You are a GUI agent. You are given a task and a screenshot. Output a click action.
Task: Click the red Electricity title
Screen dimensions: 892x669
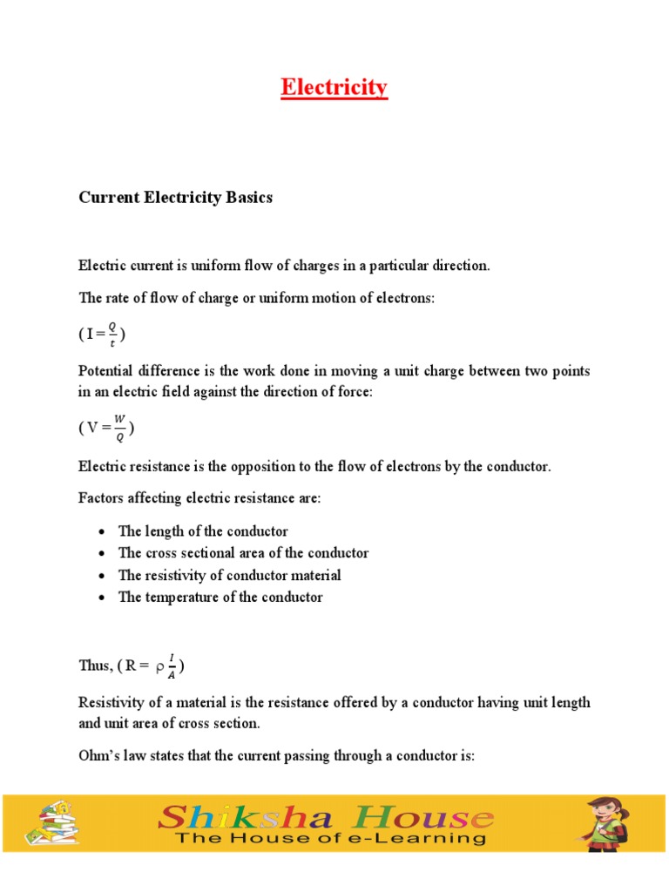(x=334, y=88)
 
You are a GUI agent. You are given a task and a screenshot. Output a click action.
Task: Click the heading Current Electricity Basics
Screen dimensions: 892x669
(x=175, y=198)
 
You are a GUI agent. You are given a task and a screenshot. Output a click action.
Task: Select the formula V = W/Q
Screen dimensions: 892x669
(x=106, y=427)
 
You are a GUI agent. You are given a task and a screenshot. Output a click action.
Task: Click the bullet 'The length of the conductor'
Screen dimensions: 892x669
(x=202, y=531)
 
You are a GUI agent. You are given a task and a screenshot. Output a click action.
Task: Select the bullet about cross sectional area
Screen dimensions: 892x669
(x=243, y=553)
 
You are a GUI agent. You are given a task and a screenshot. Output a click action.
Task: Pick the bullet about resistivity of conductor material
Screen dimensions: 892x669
(x=229, y=576)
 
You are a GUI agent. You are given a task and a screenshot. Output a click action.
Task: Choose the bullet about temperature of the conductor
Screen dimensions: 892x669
(x=220, y=598)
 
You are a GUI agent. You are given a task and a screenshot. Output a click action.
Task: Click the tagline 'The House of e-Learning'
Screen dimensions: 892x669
(x=330, y=840)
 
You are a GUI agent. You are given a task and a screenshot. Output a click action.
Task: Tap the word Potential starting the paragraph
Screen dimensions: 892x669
(x=108, y=371)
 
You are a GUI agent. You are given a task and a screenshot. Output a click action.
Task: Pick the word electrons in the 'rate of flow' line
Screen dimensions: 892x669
(x=407, y=298)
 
